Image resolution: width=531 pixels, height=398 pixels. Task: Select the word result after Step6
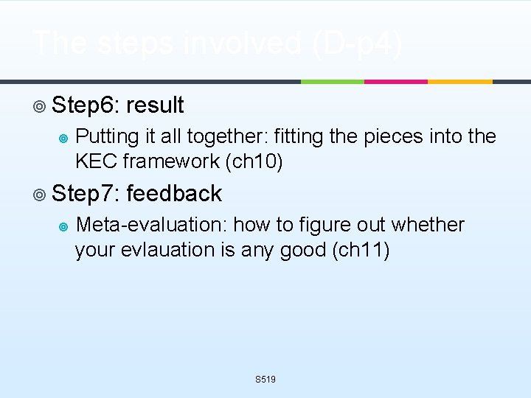155,105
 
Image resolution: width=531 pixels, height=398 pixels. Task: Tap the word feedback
174,194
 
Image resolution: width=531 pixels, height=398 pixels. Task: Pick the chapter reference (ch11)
362,250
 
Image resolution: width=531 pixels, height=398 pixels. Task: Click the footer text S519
265,380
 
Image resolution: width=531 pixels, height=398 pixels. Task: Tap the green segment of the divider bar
332,81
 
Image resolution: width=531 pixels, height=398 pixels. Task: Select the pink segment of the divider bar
396,81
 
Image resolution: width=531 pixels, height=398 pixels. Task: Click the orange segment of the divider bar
460,81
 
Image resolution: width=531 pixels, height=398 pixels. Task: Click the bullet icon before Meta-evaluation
63,226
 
